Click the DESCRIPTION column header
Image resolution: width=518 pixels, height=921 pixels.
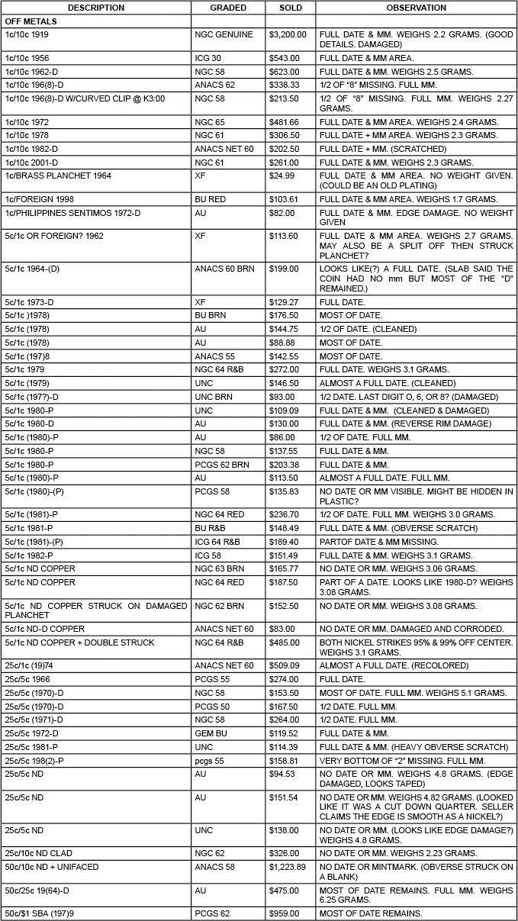click(95, 8)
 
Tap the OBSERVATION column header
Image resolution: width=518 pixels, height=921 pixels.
click(416, 8)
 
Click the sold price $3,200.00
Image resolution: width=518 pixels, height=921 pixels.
click(288, 34)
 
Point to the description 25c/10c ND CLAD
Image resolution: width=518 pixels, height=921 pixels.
click(50, 853)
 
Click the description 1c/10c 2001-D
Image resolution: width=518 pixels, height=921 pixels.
click(42, 163)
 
